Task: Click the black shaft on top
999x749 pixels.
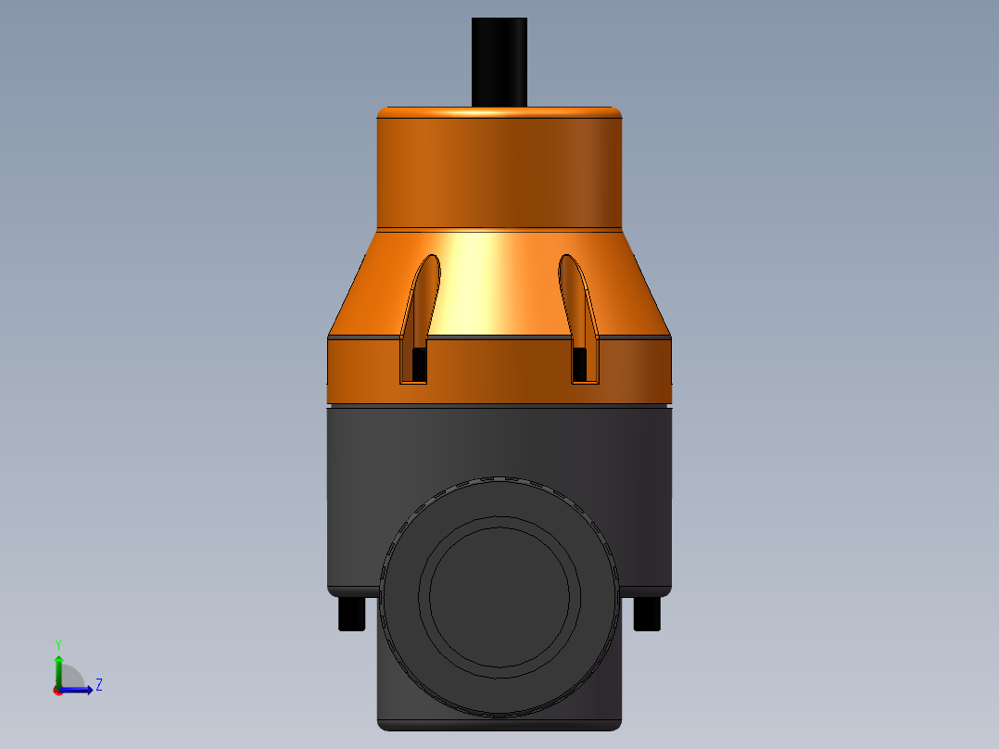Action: pyautogui.click(x=499, y=60)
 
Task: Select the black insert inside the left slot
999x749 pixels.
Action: pyautogui.click(x=419, y=364)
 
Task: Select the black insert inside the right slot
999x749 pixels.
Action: pyautogui.click(x=579, y=364)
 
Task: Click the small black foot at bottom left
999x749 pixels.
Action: pyautogui.click(x=351, y=614)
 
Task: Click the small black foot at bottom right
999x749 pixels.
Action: pyautogui.click(x=647, y=614)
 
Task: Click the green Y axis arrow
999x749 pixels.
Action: pyautogui.click(x=58, y=667)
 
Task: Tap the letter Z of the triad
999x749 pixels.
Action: pyautogui.click(x=98, y=685)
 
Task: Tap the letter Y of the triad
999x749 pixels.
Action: pyautogui.click(x=58, y=643)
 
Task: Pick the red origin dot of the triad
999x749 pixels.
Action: pyautogui.click(x=57, y=691)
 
